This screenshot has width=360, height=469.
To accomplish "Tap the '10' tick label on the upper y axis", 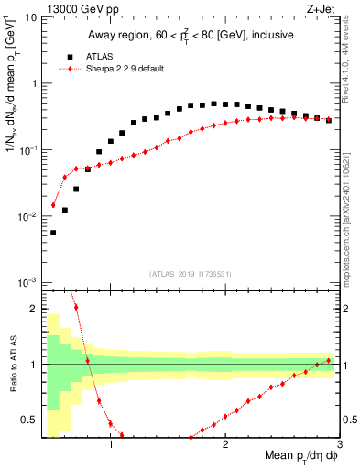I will (30, 17).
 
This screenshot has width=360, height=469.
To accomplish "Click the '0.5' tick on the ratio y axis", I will (28, 420).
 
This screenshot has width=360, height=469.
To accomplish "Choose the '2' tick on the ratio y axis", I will (33, 309).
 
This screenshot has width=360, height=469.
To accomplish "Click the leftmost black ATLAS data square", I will (53, 233).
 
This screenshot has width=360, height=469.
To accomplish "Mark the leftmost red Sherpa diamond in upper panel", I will (53, 205).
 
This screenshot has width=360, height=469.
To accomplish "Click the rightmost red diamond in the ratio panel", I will (329, 360).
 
